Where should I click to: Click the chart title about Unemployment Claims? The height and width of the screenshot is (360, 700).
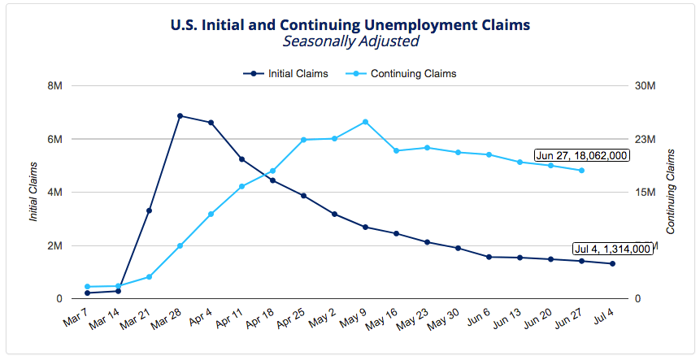point(350,24)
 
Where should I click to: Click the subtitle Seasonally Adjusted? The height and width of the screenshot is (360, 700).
point(350,41)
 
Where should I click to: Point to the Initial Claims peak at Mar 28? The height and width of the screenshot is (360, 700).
point(180,116)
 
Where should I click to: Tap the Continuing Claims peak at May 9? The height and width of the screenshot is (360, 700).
point(365,122)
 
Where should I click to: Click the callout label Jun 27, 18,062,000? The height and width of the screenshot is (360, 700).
point(582,155)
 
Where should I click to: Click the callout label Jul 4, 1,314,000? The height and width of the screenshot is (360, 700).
point(612,249)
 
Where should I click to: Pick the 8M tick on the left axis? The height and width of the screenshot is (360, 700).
point(55,86)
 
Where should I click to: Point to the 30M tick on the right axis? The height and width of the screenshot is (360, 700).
point(645,86)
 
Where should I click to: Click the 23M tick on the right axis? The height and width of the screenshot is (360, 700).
point(645,139)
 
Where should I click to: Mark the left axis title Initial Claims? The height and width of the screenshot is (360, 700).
point(33,193)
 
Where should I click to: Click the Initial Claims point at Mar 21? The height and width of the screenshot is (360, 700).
point(149,210)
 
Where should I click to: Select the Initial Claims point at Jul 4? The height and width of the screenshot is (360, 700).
point(612,263)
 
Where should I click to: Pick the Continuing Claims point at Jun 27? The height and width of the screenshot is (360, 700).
point(581,171)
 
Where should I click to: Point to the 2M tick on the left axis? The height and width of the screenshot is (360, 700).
point(55,245)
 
